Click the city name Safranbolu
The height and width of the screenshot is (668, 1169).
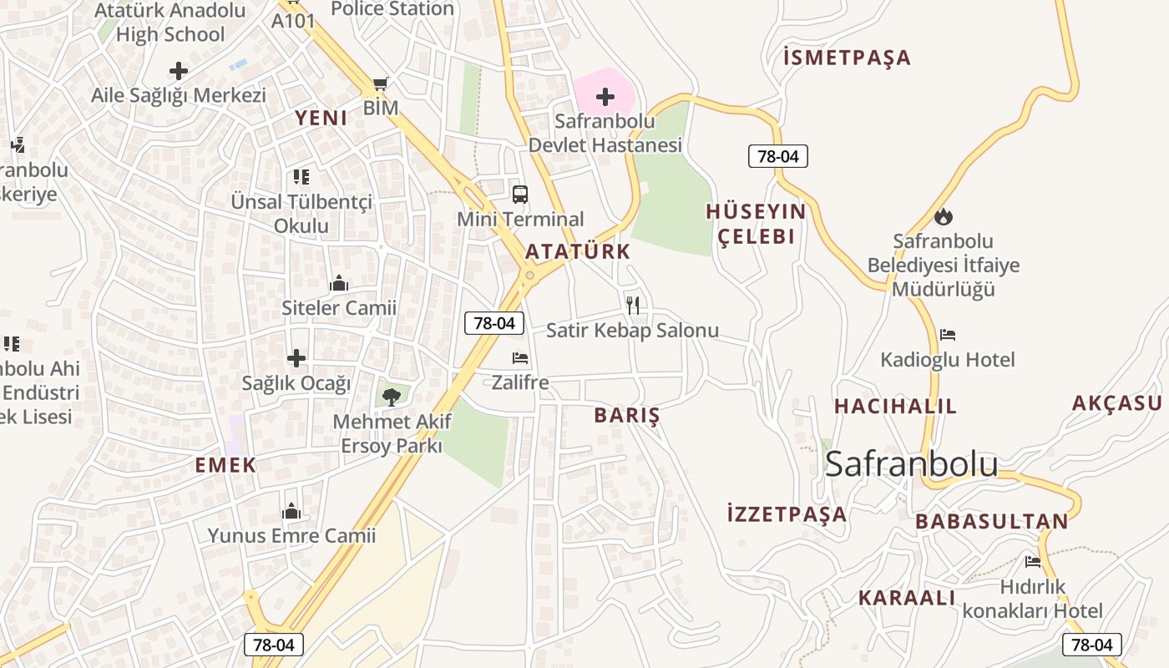coord(911,464)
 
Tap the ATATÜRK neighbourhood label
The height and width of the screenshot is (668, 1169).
coord(578,251)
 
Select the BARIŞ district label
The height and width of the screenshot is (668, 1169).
coord(626,415)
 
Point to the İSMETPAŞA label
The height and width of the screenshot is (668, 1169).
coord(848,58)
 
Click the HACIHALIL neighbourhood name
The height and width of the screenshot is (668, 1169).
coord(896,407)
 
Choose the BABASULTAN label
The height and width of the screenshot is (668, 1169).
coord(992,522)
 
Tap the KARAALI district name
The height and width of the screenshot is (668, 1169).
coord(907,598)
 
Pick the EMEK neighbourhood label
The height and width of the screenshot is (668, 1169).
coord(225,465)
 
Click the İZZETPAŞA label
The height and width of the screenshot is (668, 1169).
coord(787,514)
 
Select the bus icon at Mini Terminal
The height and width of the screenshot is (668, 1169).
coord(519,195)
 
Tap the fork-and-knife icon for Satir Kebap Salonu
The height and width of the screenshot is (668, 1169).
coord(633,305)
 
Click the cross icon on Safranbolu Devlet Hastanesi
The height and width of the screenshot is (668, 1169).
coord(605,97)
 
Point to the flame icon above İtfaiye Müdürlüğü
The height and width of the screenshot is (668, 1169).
coord(944,217)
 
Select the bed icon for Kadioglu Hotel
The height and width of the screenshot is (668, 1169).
coord(948,335)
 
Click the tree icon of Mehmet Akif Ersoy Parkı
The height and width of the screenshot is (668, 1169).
coord(389,396)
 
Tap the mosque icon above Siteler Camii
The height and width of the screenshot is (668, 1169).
coord(338,284)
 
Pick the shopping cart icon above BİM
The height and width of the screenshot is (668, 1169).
coord(381,83)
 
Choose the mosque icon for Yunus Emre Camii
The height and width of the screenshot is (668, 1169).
coord(291,511)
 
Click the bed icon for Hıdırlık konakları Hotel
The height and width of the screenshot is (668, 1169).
coord(1033,561)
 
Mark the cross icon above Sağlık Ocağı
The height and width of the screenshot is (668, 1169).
coord(296,358)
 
